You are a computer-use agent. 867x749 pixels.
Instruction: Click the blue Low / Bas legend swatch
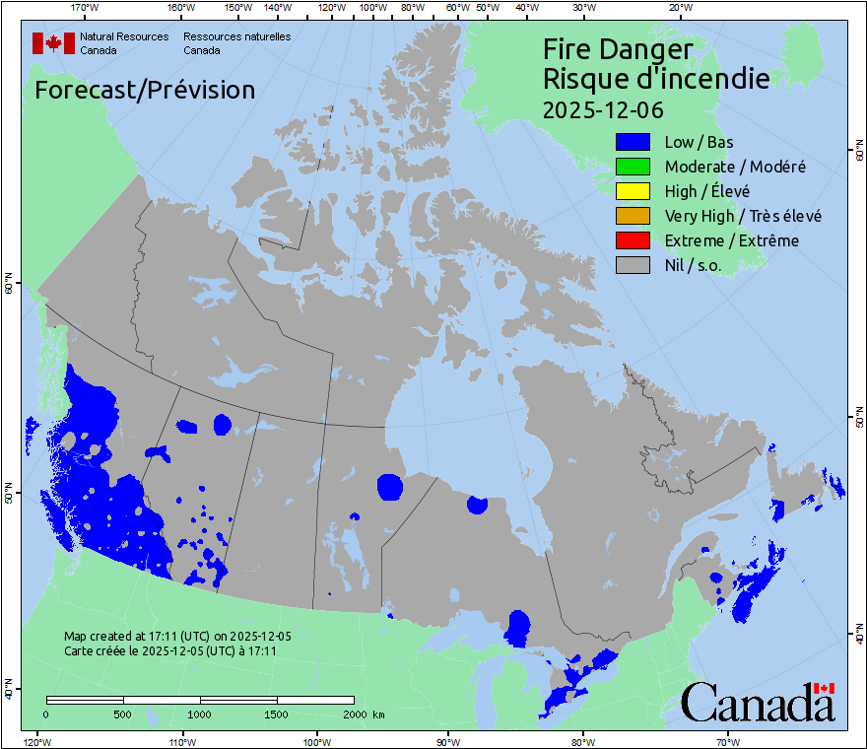click(632, 142)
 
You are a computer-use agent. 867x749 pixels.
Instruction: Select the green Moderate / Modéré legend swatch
click(632, 167)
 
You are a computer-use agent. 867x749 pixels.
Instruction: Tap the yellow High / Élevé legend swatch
click(632, 191)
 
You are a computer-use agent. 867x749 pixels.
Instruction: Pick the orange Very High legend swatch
click(632, 216)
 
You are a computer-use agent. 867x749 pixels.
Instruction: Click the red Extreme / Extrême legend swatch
click(632, 240)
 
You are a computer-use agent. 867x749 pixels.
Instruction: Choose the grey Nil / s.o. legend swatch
click(632, 265)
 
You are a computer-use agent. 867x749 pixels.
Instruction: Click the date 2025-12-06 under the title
click(603, 108)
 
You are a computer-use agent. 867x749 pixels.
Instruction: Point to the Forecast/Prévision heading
click(145, 90)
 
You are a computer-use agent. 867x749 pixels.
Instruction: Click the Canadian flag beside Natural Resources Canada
click(53, 43)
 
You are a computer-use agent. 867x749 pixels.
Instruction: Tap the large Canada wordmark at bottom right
click(758, 702)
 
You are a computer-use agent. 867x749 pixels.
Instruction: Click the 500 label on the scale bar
click(123, 714)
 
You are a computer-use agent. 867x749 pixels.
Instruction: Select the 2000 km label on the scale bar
click(364, 714)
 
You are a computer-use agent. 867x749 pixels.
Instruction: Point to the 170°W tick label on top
click(86, 8)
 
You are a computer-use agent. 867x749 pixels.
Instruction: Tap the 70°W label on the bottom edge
click(727, 741)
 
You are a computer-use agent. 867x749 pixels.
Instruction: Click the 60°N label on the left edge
click(9, 288)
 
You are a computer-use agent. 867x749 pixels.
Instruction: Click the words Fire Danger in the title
click(618, 49)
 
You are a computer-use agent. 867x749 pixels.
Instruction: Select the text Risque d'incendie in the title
click(656, 79)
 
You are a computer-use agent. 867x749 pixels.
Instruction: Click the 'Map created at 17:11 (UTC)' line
click(177, 637)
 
